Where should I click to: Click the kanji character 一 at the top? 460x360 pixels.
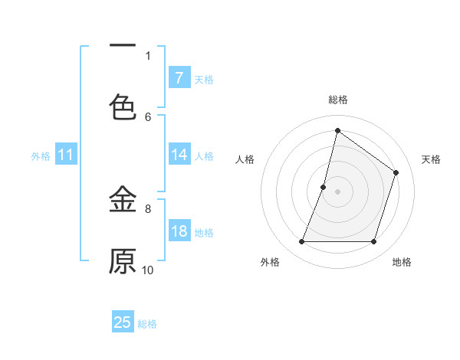(123, 47)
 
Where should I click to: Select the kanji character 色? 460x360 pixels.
(123, 106)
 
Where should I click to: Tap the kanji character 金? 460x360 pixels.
(123, 201)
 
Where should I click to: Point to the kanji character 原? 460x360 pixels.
(123, 261)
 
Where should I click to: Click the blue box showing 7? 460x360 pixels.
(179, 77)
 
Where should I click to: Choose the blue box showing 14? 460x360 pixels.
(179, 155)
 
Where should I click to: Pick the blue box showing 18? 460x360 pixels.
(179, 231)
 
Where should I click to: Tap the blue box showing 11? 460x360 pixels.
(66, 155)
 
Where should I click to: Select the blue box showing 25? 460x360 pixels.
(123, 322)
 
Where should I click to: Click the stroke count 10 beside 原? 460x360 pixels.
(148, 270)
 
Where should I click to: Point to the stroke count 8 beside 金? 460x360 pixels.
(148, 208)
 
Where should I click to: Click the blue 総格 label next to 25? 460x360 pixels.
(147, 324)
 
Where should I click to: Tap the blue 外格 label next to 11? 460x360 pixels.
(41, 156)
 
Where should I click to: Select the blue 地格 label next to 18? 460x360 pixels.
(204, 233)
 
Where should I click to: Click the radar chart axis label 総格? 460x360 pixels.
(338, 100)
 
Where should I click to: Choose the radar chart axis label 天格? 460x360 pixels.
(432, 159)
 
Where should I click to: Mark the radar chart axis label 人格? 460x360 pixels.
(245, 159)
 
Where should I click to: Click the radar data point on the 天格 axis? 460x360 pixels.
(396, 172)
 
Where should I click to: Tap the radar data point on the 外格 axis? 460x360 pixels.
(301, 242)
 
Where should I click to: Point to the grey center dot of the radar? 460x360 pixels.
(338, 191)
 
